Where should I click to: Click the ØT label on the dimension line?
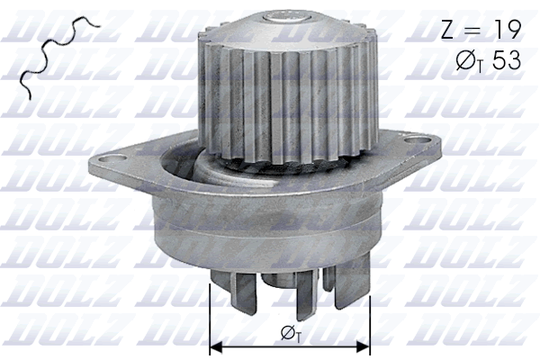290,334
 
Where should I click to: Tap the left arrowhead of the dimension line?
216,346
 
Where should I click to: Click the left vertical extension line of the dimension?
209,315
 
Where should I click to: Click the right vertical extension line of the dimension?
370,315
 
